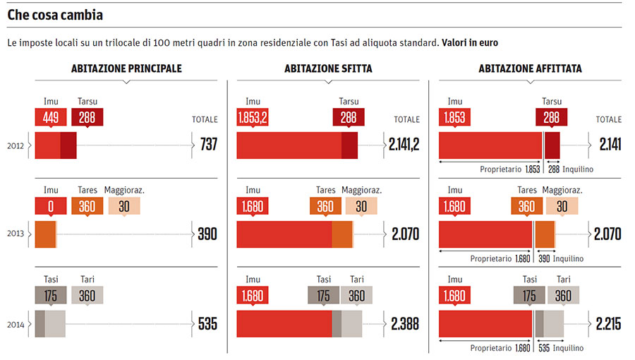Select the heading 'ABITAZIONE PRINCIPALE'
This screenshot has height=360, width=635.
pos(126,68)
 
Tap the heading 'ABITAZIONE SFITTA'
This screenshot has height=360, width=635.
pos(328,68)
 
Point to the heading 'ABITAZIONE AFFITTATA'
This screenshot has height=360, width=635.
pos(530,68)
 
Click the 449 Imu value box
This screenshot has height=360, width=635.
pos(51,118)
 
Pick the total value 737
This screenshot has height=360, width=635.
pos(208,145)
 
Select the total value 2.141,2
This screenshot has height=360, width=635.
pos(404,145)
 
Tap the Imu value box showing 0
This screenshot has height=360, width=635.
pos(51,207)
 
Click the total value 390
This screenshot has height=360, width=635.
pos(207,234)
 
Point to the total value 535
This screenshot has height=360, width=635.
pos(207,324)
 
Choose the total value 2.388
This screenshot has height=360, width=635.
pos(405,324)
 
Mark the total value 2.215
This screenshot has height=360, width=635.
pos(608,324)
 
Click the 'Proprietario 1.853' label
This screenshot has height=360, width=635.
pos(509,169)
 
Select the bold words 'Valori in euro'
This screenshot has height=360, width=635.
pos(470,43)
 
